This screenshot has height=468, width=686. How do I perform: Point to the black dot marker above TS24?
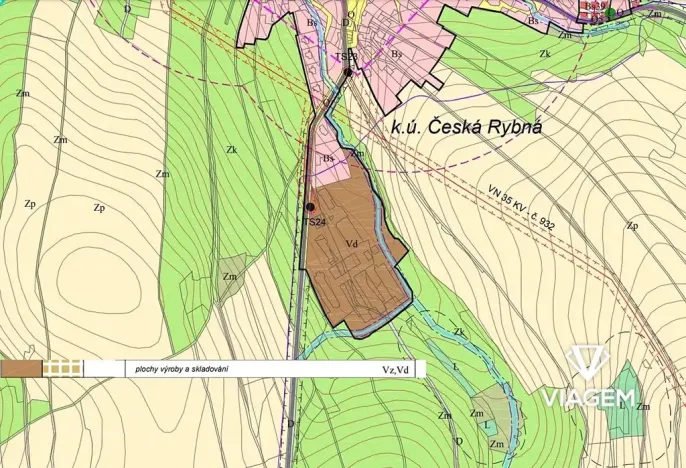[x=311, y=207]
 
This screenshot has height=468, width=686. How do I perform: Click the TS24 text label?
[x=315, y=221]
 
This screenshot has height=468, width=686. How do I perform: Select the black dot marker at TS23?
[x=348, y=72]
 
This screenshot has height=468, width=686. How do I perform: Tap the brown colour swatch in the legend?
[x=21, y=368]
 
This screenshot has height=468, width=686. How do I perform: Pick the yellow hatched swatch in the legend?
[x=62, y=368]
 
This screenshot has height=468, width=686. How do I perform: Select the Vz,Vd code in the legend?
[x=395, y=369]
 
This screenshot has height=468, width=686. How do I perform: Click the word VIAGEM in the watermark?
[x=588, y=398]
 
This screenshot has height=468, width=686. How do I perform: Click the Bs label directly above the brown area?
[x=327, y=159]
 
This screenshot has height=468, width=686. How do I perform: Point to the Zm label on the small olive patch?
[x=231, y=276]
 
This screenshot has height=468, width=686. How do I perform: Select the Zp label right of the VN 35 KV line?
[x=632, y=226]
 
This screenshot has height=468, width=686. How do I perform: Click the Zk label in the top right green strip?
[x=545, y=53]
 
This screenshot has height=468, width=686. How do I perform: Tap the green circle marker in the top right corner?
[x=610, y=13]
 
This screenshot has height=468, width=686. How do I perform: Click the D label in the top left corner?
[x=127, y=8]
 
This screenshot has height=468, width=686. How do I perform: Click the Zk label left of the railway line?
[x=231, y=150]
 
